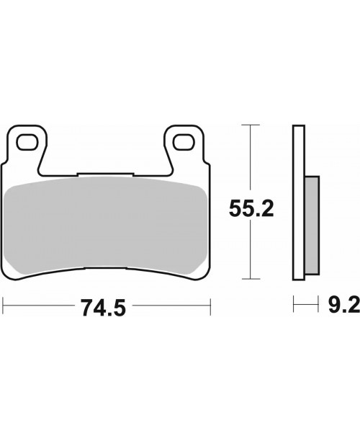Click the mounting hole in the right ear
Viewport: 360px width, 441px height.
pyautogui.click(x=184, y=141)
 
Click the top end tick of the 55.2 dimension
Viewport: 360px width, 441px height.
pyautogui.click(x=249, y=125)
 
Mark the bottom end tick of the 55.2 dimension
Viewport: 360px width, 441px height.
pyautogui.click(x=249, y=278)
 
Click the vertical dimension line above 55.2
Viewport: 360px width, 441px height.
pyautogui.click(x=249, y=159)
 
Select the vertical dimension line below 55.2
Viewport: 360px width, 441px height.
pyautogui.click(x=249, y=252)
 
